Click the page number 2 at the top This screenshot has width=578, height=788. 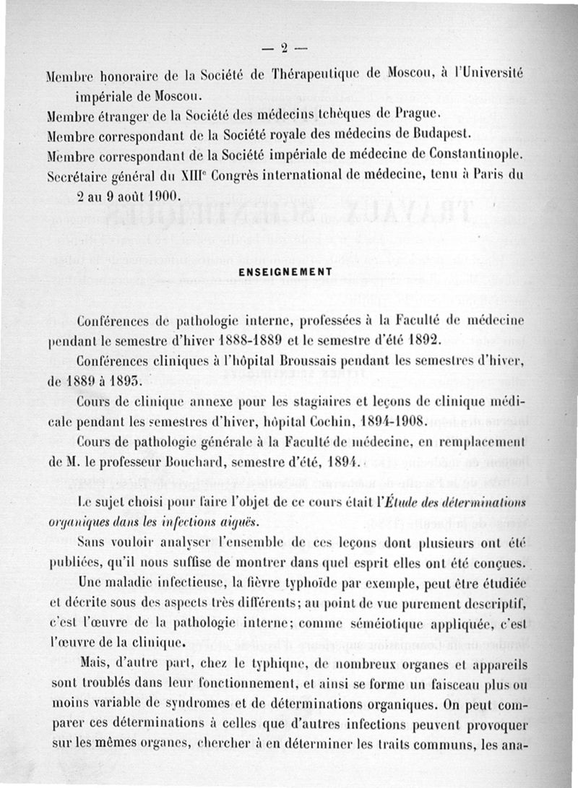pyautogui.click(x=285, y=49)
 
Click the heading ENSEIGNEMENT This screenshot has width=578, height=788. pyautogui.click(x=284, y=272)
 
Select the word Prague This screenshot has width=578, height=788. pyautogui.click(x=418, y=113)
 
